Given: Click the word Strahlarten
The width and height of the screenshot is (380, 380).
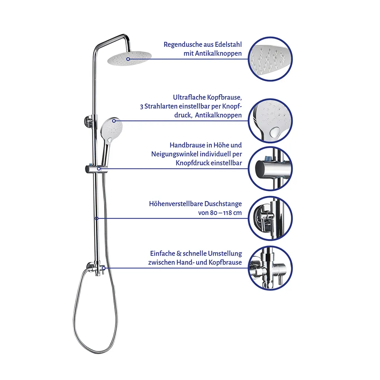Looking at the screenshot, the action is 161,106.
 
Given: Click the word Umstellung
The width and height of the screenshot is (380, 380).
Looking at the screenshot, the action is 225,253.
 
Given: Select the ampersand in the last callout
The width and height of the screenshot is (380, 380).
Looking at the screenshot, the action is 179,253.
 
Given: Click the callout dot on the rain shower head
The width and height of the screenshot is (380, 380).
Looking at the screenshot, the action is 128,59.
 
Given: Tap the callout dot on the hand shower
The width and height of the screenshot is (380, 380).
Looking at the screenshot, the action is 114,121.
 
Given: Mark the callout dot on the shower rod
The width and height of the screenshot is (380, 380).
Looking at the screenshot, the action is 96,218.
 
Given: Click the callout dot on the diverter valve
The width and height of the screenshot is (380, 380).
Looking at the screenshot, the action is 104,268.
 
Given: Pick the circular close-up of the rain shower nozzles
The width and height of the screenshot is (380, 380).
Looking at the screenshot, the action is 270,59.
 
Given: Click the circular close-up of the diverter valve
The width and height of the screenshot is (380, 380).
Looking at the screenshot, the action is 270,268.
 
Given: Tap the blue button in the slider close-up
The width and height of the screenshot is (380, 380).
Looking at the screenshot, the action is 268,159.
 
